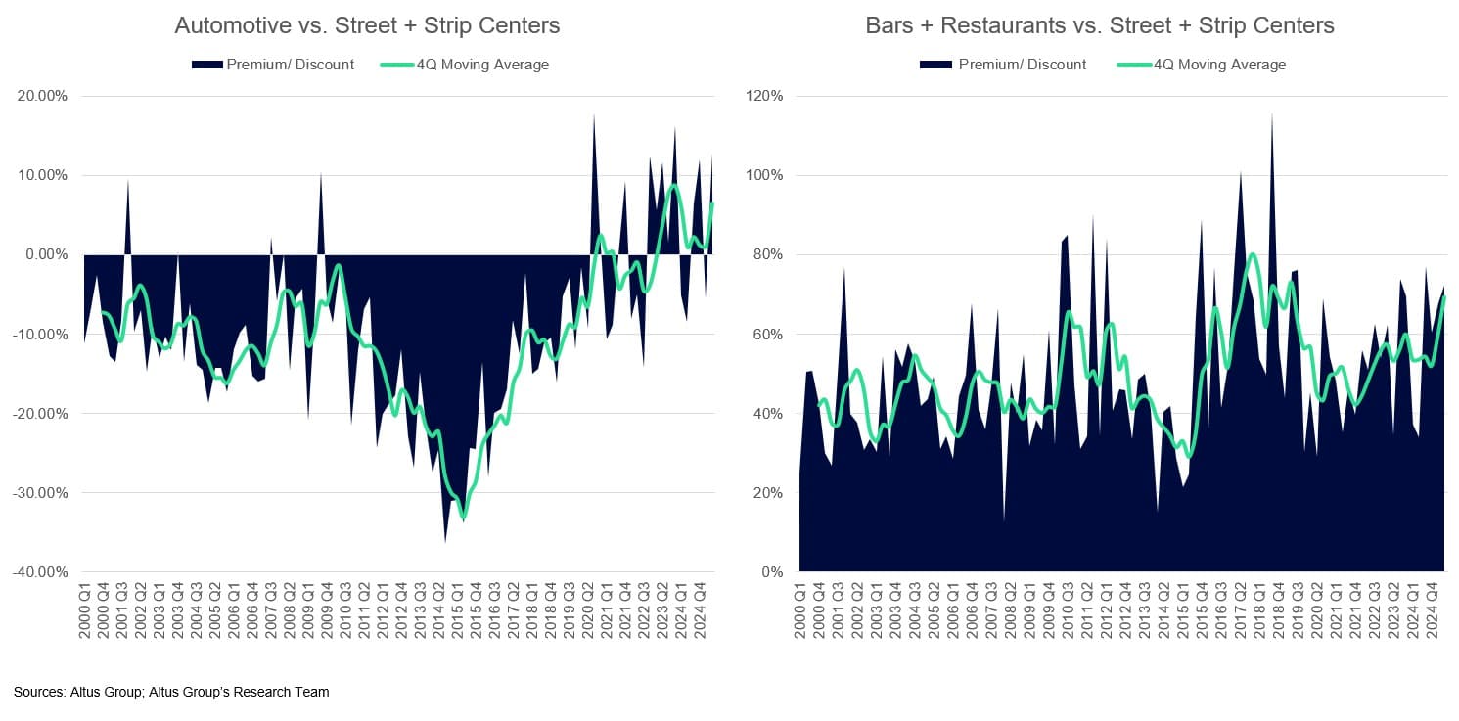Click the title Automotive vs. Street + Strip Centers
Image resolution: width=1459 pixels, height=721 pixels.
pos(367,25)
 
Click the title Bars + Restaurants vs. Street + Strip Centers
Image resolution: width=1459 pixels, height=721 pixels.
pos(1099,25)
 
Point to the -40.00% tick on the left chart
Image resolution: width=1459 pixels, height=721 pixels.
pos(40,572)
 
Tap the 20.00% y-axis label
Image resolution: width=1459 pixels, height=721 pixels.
pos(42,97)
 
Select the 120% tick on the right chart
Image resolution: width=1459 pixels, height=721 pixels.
pos(765,97)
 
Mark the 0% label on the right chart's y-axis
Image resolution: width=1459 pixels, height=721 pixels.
pos(772,572)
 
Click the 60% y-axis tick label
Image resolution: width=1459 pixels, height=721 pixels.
pos(768,335)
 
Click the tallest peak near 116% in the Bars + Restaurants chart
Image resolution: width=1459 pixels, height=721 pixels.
pos(1272,113)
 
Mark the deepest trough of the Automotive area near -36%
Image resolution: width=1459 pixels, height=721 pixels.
pos(445,541)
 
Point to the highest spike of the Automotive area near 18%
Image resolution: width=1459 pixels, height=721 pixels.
pos(594,115)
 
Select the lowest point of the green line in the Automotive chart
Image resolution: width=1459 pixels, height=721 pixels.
pos(464,519)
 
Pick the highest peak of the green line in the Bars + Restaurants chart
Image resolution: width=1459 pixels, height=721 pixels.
pos(1253,254)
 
